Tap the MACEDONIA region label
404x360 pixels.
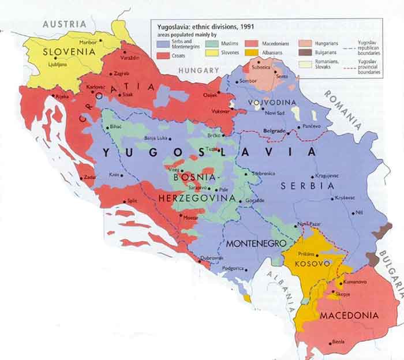[349, 316]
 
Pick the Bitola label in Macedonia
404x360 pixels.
[338, 342]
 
